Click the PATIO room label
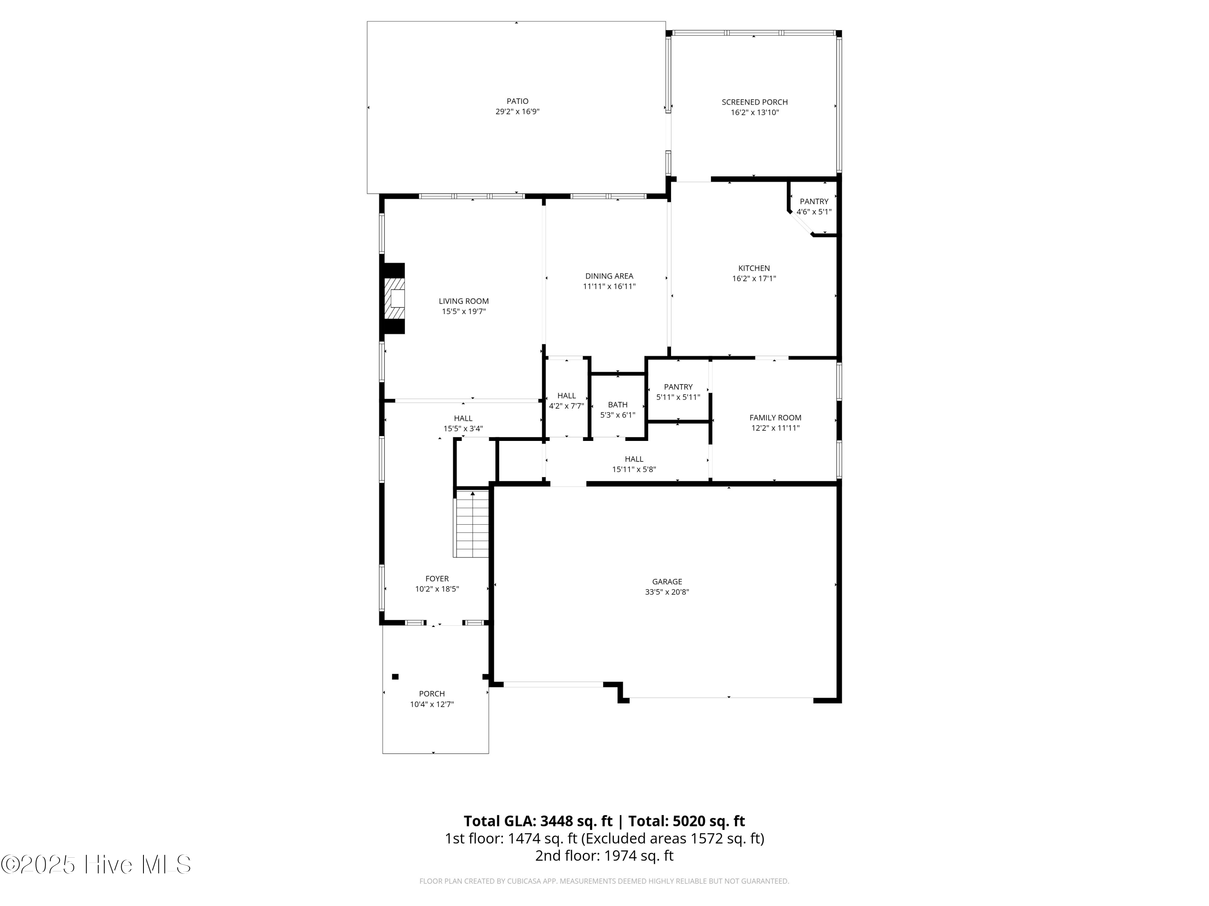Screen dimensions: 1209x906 pyautogui.click(x=517, y=101)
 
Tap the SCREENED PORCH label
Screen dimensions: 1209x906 pyautogui.click(x=754, y=102)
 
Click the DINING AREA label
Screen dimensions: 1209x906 pyautogui.click(x=609, y=276)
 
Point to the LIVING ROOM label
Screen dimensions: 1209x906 pyautogui.click(x=463, y=301)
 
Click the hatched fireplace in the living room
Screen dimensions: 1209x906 pyautogui.click(x=395, y=298)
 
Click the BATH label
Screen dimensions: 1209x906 pyautogui.click(x=618, y=405)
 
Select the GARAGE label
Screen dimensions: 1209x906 pyautogui.click(x=667, y=581)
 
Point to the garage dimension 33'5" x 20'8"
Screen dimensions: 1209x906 pyautogui.click(x=667, y=592)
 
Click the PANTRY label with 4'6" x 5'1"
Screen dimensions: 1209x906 pyautogui.click(x=814, y=201)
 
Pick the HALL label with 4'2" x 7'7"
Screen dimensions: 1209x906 pyautogui.click(x=566, y=396)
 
